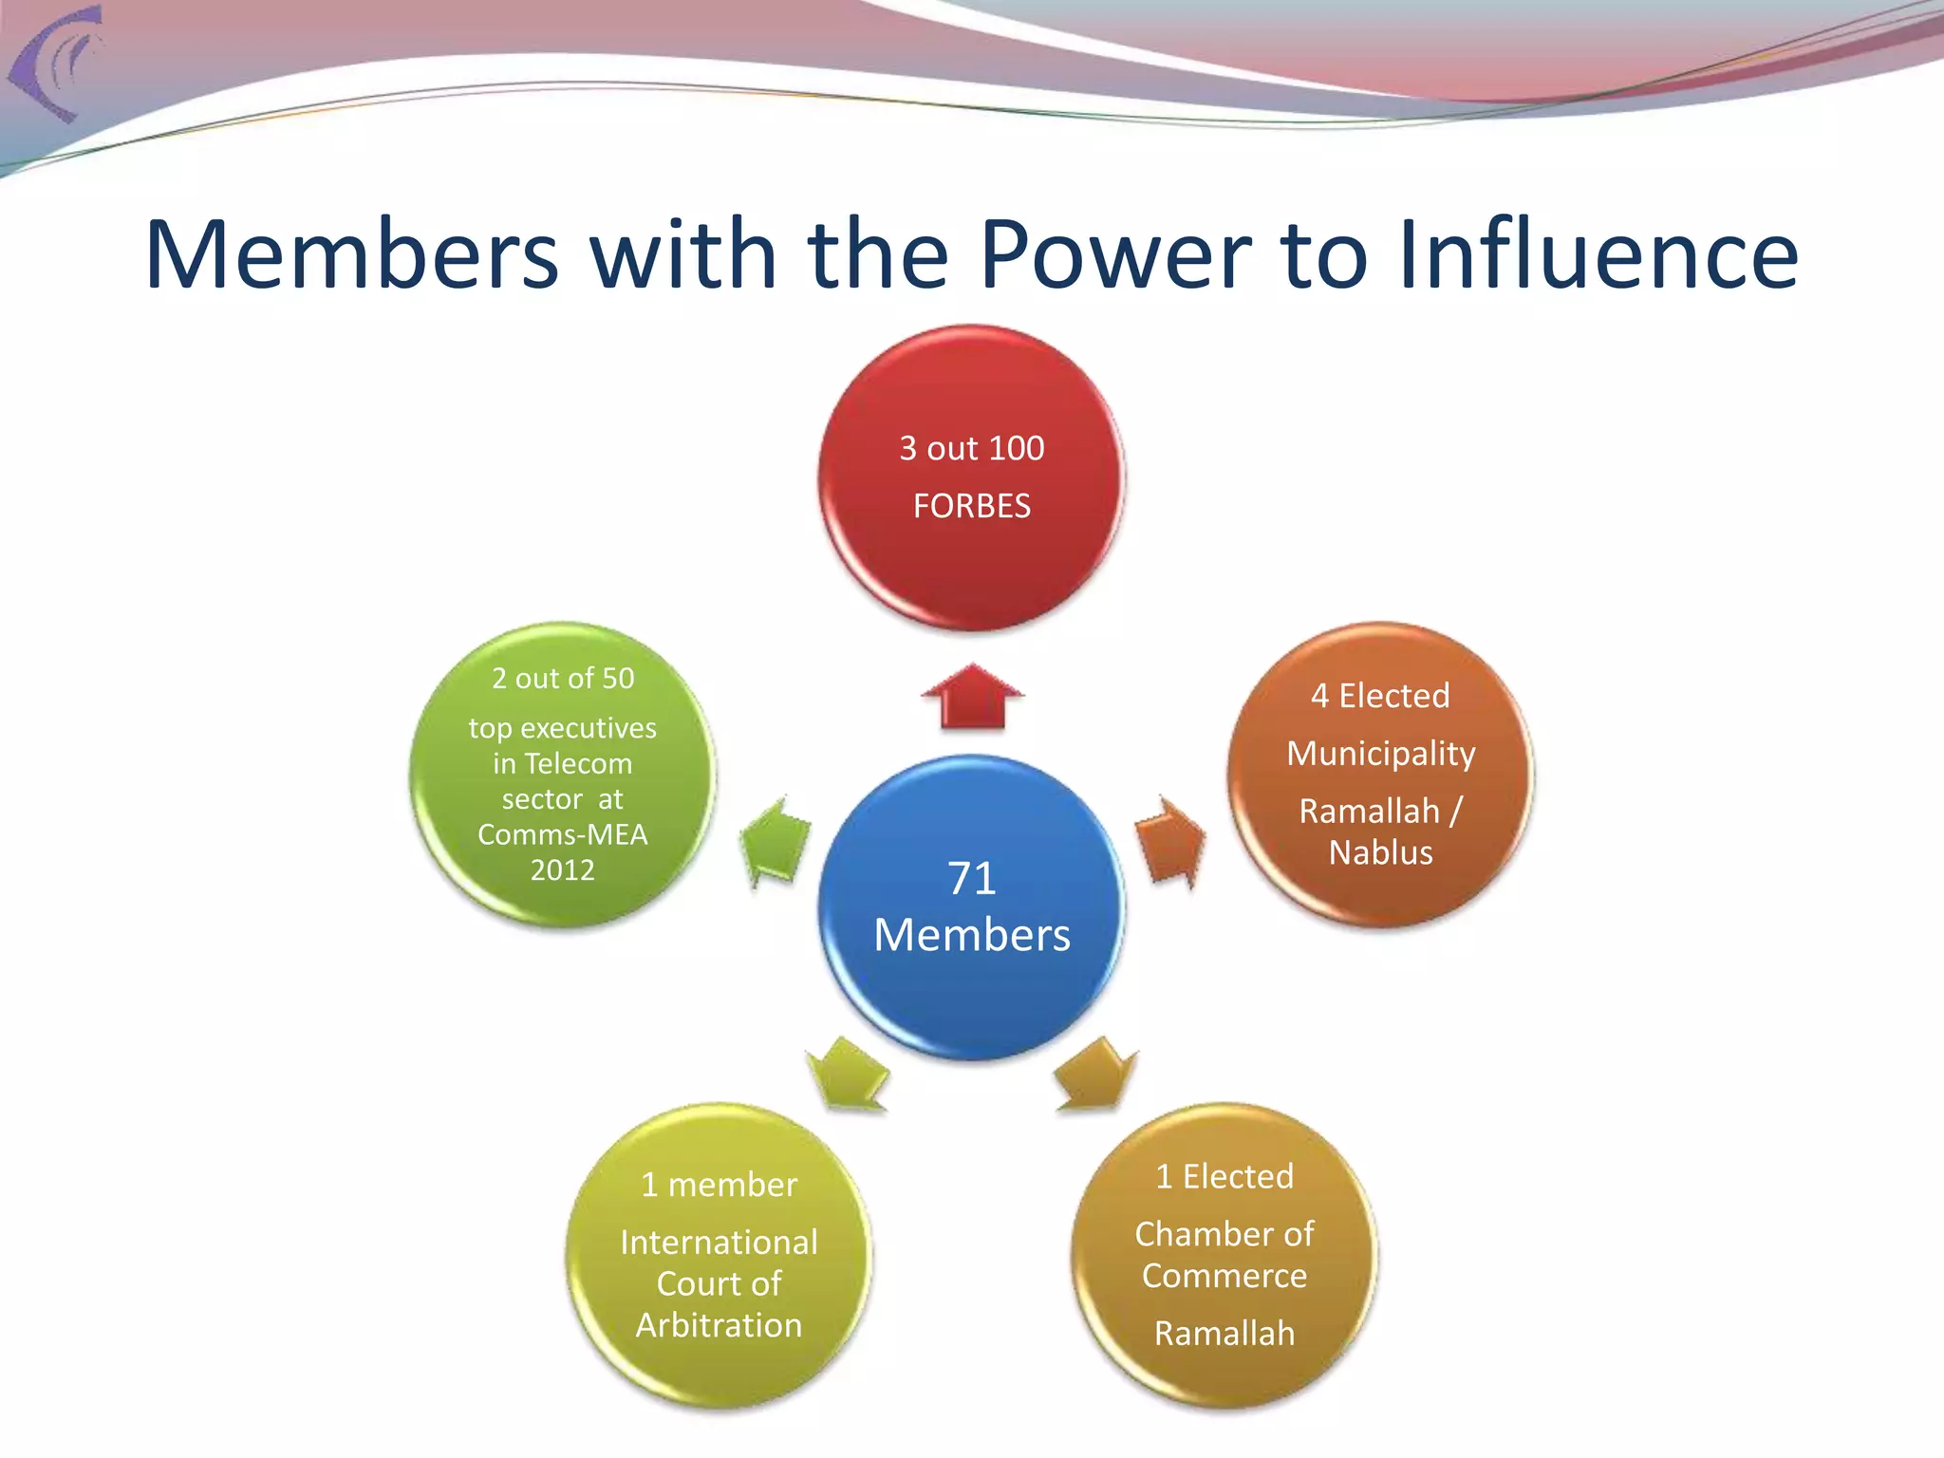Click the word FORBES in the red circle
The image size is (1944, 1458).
tap(971, 506)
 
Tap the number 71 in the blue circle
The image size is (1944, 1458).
tap(971, 878)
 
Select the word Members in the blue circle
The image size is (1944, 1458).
tap(971, 935)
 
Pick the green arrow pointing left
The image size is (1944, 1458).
tap(776, 841)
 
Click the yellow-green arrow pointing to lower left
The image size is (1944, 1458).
tap(848, 1075)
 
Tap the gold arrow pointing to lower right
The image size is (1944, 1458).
tap(1095, 1075)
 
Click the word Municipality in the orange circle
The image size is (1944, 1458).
tap(1381, 754)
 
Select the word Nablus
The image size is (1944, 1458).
tap(1381, 852)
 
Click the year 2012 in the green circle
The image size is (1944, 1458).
tap(562, 869)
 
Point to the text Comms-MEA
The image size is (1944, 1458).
tap(562, 834)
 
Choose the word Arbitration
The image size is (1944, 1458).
tap(719, 1325)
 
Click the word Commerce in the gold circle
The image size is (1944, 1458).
tap(1224, 1276)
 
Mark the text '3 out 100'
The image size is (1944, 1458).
tap(971, 448)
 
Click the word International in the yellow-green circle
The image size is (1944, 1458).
tap(719, 1243)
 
